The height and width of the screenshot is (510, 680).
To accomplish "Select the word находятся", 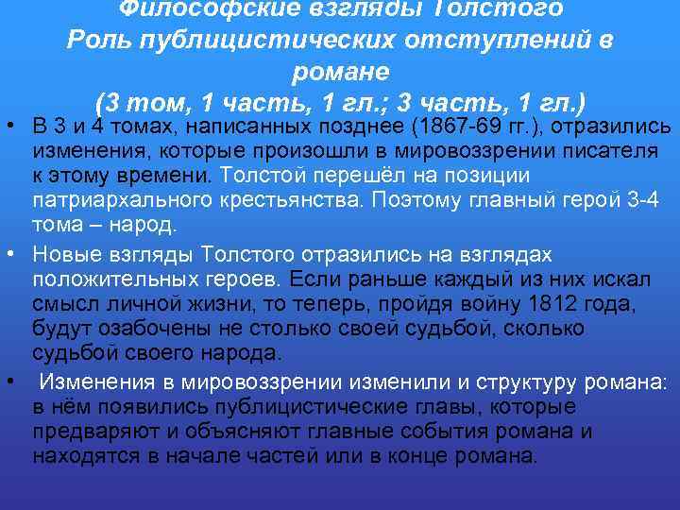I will tap(86, 457).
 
